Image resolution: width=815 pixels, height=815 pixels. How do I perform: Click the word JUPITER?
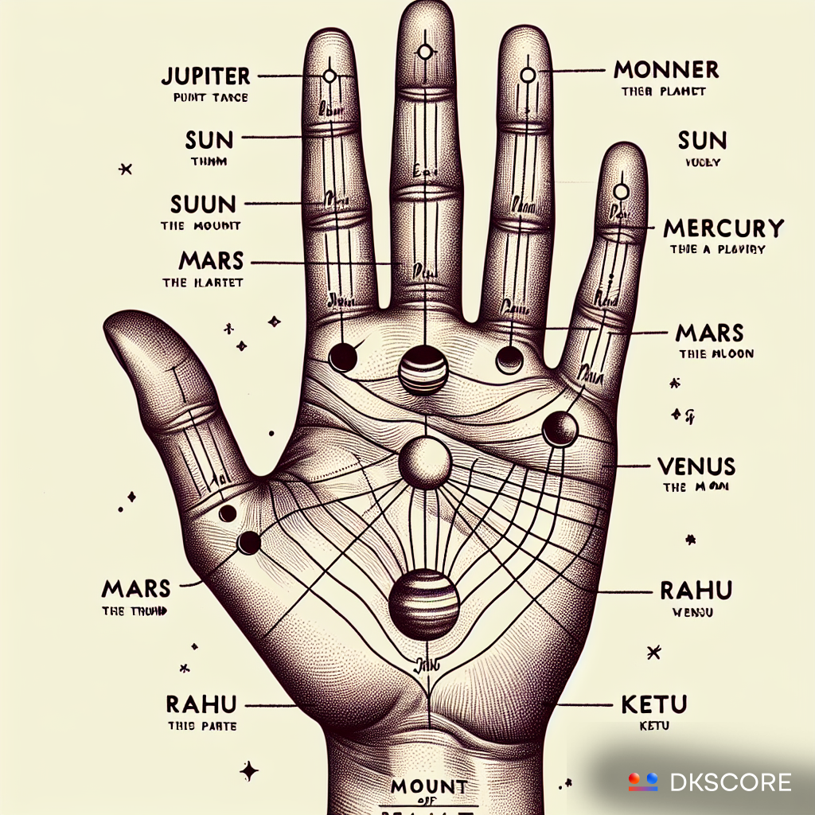(x=205, y=76)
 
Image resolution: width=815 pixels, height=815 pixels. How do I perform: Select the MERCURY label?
(x=723, y=228)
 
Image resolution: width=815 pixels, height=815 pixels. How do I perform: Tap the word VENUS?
(x=697, y=466)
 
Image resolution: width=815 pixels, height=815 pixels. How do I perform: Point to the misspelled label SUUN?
(x=205, y=203)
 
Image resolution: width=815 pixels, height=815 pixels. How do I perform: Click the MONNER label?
(x=665, y=70)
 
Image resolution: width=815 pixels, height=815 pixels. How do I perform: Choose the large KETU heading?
(x=653, y=704)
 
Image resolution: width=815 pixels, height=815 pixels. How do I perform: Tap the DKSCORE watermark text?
(x=731, y=782)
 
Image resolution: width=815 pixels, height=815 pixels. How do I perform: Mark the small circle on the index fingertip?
(x=329, y=76)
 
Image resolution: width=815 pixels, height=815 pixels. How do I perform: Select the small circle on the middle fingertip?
(x=424, y=53)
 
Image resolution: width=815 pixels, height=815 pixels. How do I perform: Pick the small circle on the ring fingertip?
(x=527, y=76)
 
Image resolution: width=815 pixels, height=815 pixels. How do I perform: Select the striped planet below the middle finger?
(x=423, y=370)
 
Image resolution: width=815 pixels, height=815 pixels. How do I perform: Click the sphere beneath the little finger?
(x=560, y=430)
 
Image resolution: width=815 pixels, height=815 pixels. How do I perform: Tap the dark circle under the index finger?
(x=343, y=357)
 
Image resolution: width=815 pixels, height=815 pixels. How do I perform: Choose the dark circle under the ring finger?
(x=509, y=360)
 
